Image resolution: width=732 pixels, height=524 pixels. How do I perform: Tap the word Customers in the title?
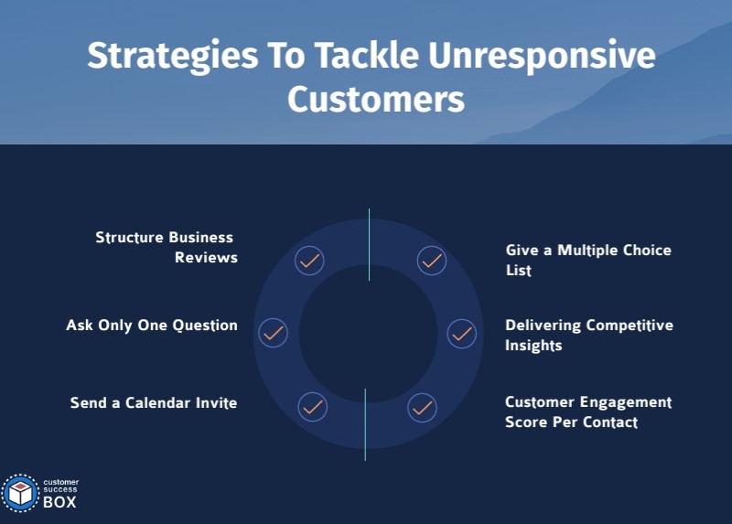(375, 99)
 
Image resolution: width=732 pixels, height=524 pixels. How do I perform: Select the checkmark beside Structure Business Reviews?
(310, 261)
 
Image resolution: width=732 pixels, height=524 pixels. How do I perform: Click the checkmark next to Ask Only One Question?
(273, 333)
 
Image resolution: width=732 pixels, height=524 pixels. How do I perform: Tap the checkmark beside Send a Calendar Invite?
(312, 406)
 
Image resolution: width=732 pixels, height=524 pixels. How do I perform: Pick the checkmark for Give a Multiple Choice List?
(432, 261)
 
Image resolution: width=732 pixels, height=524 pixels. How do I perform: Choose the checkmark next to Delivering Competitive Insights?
(461, 333)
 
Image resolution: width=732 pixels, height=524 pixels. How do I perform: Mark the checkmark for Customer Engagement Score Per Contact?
(422, 406)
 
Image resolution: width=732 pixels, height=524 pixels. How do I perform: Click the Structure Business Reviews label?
(167, 248)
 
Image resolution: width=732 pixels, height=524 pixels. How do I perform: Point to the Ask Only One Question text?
(152, 326)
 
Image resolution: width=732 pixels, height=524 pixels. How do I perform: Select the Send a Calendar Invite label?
(154, 402)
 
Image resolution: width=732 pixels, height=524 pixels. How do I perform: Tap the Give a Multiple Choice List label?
(588, 260)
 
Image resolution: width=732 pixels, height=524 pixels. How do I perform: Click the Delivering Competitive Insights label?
(588, 336)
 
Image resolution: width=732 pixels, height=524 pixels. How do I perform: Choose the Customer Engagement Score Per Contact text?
(588, 412)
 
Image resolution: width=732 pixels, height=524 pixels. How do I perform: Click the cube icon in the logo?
(20, 493)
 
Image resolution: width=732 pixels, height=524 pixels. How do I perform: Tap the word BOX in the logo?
(59, 501)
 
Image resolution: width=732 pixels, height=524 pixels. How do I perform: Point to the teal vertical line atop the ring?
(369, 244)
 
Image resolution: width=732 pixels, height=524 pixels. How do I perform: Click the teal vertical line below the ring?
(365, 424)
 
